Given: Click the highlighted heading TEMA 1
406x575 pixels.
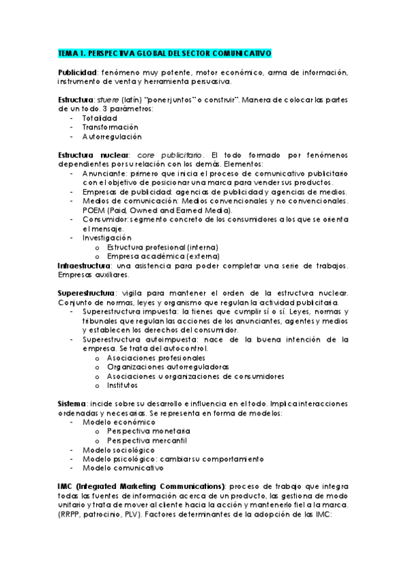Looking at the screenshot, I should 165,53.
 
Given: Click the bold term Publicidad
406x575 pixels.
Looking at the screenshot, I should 77,73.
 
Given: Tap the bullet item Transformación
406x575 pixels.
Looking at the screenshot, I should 110,127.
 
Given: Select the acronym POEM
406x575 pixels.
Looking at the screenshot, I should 94,210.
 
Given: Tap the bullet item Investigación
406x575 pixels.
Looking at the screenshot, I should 107,238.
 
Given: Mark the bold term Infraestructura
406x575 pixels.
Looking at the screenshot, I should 85,265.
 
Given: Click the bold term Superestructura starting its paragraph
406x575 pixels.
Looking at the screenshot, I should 87,293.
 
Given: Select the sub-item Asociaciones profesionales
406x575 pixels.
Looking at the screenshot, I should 156,357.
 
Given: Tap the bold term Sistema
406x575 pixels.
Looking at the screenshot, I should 73,403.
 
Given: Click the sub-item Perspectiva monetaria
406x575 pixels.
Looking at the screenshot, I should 148,431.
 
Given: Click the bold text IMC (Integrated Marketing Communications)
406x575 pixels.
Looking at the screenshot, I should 141,486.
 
